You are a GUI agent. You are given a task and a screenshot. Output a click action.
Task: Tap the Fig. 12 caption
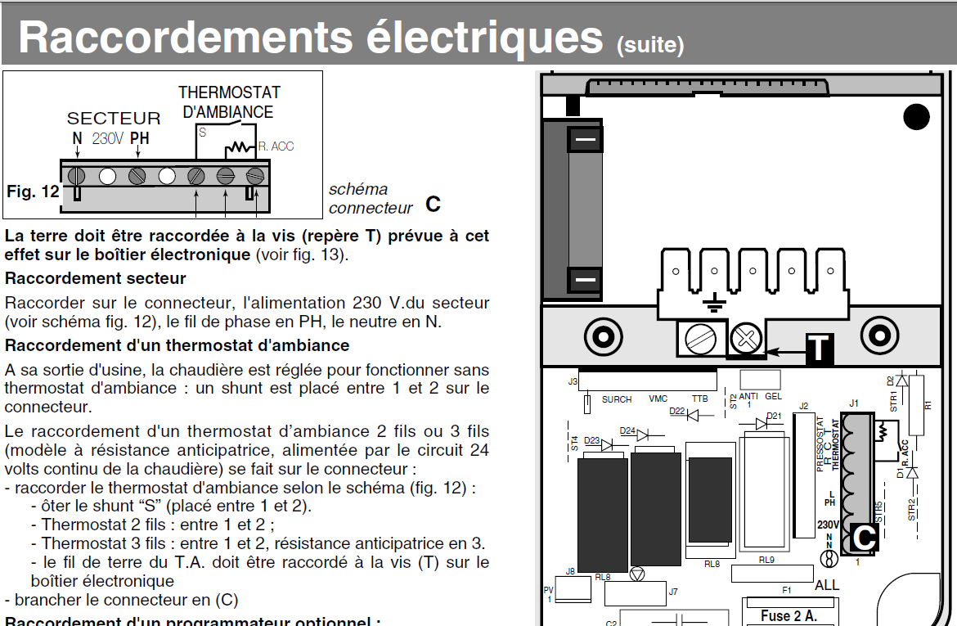(x=34, y=191)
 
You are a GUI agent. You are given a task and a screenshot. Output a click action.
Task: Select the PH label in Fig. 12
(x=140, y=138)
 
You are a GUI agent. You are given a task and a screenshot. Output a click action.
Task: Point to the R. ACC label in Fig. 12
(x=276, y=146)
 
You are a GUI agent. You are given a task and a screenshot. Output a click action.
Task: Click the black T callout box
(x=819, y=348)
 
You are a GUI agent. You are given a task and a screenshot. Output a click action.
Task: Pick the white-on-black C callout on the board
(x=865, y=538)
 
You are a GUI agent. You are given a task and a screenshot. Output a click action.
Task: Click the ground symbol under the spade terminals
(x=714, y=304)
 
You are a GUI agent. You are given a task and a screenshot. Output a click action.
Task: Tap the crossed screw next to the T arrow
(x=745, y=337)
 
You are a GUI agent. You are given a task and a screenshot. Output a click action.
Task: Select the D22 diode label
(x=676, y=412)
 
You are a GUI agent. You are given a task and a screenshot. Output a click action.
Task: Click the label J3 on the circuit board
(x=573, y=381)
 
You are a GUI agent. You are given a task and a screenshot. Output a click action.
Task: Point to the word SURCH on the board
(x=617, y=399)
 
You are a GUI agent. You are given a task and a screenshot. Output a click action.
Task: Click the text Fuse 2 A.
(x=789, y=615)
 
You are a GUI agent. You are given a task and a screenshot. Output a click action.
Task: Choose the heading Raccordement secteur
(x=96, y=278)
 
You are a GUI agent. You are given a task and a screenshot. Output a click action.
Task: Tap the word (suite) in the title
(x=650, y=43)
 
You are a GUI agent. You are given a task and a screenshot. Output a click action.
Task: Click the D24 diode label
(x=627, y=430)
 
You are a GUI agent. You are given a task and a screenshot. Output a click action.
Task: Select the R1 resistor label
(x=928, y=403)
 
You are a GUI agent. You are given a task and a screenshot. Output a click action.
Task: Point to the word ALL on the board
(x=827, y=585)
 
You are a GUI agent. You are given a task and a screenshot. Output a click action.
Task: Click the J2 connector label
(x=803, y=406)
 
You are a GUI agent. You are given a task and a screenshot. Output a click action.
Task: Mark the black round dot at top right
(x=916, y=117)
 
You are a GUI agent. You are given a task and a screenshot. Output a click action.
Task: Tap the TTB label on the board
(x=699, y=399)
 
